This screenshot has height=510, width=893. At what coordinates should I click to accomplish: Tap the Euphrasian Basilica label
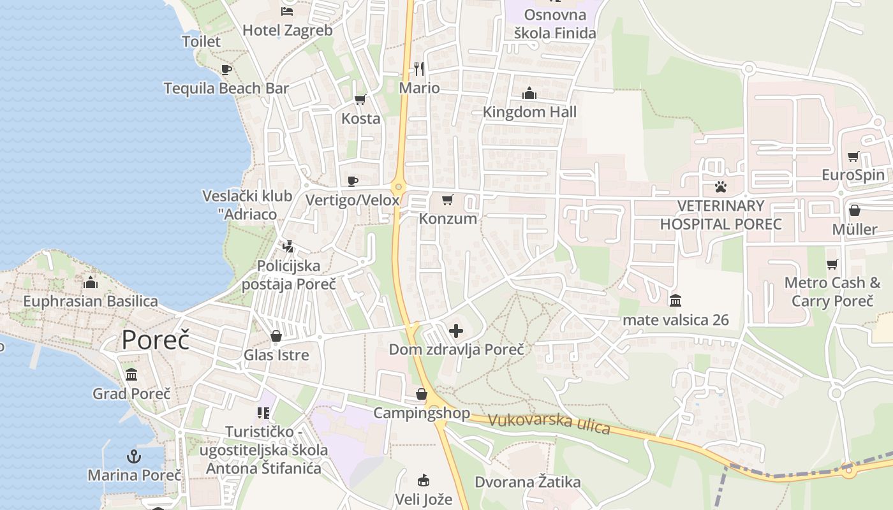coord(91,301)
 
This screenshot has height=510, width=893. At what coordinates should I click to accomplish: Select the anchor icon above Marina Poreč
coord(134,456)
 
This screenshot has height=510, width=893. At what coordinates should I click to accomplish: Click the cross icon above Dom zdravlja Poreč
coord(456,331)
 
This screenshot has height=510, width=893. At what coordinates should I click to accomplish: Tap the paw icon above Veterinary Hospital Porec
coord(721,187)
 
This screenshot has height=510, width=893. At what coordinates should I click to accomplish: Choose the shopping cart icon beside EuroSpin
coord(853,157)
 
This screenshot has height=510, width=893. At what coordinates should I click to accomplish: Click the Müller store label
coord(855,229)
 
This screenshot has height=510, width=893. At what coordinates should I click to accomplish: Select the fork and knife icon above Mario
coord(419,68)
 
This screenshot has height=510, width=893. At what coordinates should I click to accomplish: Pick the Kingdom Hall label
coord(529,112)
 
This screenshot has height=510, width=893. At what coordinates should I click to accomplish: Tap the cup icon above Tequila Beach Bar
coord(226,69)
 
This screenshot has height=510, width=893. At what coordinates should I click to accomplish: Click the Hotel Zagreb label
coord(288,30)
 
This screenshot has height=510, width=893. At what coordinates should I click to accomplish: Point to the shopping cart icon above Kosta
coord(360,99)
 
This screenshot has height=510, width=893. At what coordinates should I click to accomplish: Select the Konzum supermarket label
coord(448,219)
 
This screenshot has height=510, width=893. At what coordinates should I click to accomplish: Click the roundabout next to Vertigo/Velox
coord(399,187)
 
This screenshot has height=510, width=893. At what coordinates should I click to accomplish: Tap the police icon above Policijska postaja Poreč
coord(288,246)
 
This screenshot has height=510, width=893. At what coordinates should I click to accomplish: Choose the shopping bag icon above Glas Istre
coord(276,336)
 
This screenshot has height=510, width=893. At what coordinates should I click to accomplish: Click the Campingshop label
coord(422,413)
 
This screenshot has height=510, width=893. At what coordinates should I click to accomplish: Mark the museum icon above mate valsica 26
coord(675,300)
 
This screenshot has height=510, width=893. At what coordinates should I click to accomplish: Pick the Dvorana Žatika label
coord(528,482)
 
